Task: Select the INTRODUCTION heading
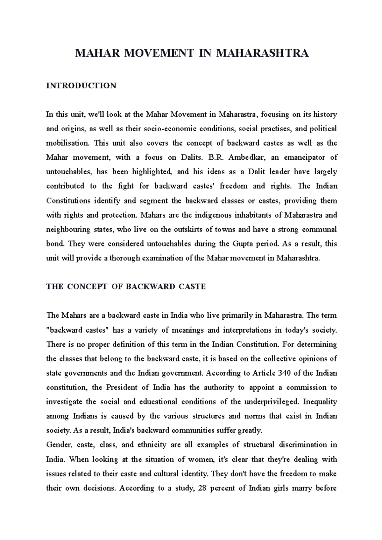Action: (x=81, y=86)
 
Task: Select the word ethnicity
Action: (x=152, y=445)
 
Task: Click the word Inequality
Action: (x=320, y=402)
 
